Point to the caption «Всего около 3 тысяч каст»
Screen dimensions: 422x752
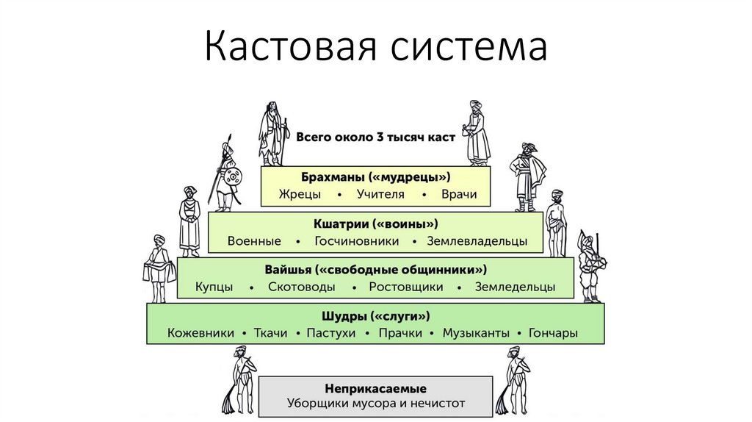pos(376,137)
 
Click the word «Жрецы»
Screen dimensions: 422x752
pos(296,195)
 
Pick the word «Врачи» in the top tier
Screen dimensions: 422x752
pos(459,195)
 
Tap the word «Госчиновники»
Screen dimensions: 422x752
pos(357,241)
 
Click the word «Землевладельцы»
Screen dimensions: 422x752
pos(477,241)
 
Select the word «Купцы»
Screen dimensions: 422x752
pos(214,287)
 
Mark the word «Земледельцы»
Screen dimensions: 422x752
pos(515,287)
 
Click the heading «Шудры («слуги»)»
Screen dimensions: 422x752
pos(375,315)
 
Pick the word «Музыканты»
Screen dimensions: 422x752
pos(475,333)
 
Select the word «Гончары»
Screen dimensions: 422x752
pos(553,333)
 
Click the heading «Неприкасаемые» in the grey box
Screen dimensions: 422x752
pos(375,387)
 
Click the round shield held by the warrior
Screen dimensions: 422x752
pos(234,178)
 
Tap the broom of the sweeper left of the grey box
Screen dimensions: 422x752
pos(228,401)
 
